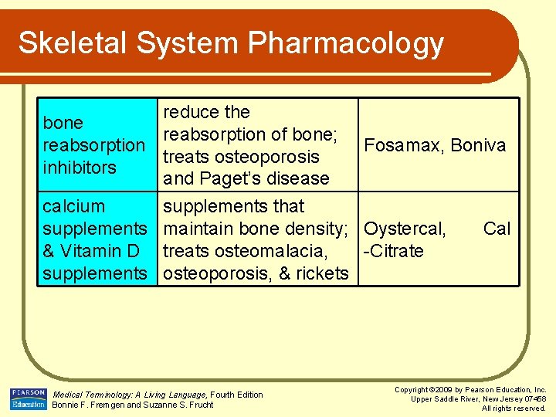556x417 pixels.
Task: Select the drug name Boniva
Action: (x=478, y=145)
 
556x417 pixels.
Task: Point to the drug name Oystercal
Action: (x=405, y=229)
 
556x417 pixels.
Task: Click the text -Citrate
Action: (x=394, y=251)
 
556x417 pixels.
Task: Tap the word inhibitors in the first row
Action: (x=80, y=168)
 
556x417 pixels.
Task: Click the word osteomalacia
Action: (x=280, y=251)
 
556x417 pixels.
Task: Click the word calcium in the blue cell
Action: (x=74, y=207)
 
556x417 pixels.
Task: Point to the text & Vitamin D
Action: (x=91, y=251)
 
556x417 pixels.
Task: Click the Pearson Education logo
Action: (x=28, y=398)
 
